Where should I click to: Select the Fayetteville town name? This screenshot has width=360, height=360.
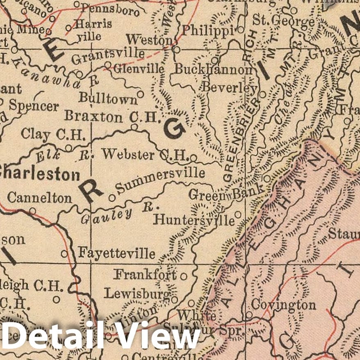click(x=117, y=253)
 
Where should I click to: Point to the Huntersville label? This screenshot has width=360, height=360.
click(x=194, y=221)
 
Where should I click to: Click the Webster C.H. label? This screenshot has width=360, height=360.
click(x=145, y=155)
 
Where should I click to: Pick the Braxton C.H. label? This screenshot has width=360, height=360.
click(x=111, y=117)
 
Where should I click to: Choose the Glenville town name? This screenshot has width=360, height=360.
click(x=139, y=69)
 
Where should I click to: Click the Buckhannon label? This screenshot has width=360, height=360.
click(x=213, y=70)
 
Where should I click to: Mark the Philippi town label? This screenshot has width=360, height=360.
click(x=208, y=30)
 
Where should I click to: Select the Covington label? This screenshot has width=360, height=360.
click(x=283, y=305)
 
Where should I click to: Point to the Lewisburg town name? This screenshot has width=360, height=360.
click(x=137, y=294)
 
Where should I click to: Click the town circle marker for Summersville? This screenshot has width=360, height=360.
click(x=112, y=198)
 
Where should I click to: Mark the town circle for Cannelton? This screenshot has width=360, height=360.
click(x=32, y=211)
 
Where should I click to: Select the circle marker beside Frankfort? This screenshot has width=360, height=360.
click(x=184, y=276)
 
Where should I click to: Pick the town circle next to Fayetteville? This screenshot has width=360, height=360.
click(x=64, y=254)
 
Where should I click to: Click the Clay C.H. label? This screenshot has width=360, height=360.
click(x=54, y=134)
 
